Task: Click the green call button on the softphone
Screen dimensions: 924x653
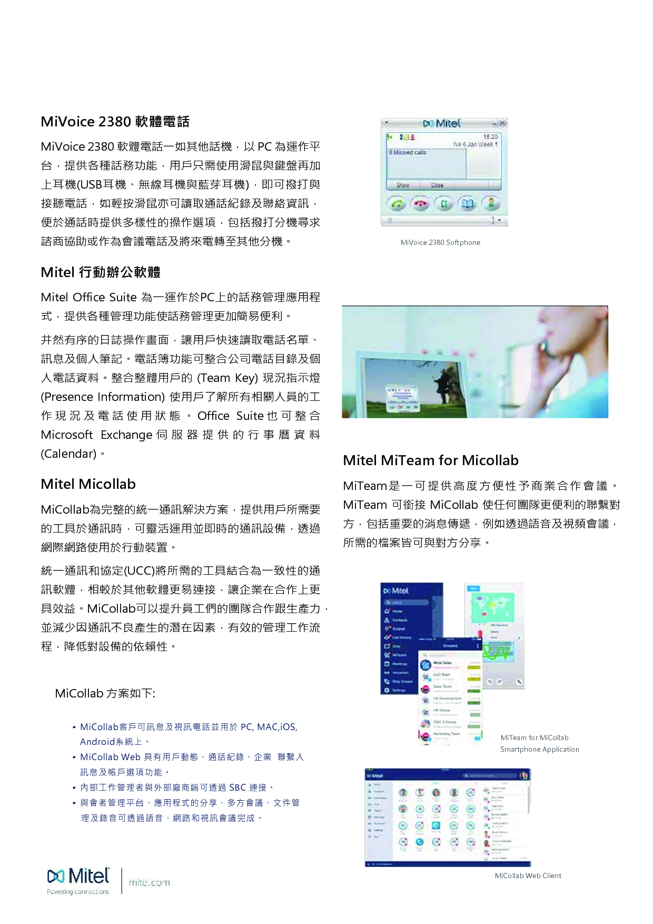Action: tap(398, 204)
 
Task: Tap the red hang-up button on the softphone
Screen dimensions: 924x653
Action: tap(420, 204)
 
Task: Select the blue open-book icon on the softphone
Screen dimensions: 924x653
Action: tap(467, 204)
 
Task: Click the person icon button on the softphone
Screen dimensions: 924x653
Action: tap(491, 203)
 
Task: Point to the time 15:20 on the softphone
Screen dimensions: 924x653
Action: tap(490, 137)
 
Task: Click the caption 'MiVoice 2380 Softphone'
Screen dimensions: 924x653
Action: tap(440, 242)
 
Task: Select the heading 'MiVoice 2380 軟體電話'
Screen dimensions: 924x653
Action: tap(115, 122)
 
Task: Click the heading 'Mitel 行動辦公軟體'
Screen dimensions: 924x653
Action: tap(101, 272)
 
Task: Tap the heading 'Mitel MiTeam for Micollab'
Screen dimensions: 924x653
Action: tap(430, 460)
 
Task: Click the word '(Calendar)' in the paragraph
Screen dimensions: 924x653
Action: tap(68, 454)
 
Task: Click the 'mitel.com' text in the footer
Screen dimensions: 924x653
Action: tap(149, 882)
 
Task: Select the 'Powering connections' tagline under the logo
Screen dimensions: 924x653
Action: tap(78, 892)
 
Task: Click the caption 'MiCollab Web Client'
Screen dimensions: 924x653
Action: tap(528, 876)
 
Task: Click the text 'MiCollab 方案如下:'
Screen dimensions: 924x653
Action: tap(105, 693)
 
